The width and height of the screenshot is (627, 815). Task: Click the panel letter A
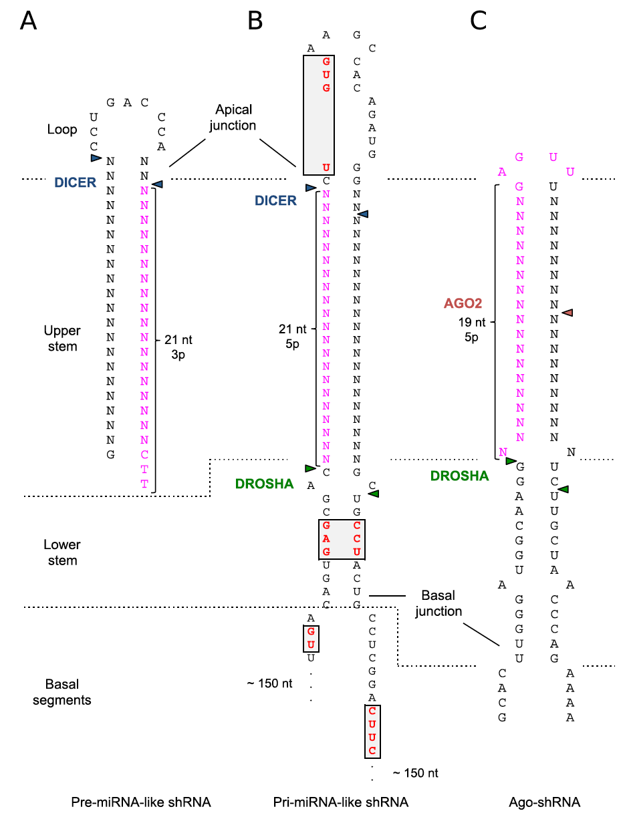tap(29, 21)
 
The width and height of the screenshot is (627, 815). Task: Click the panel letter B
tap(255, 21)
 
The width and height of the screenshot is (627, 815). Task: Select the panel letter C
tap(478, 21)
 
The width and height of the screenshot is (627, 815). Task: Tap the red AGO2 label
tap(463, 303)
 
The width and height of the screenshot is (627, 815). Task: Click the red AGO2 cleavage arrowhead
tap(567, 313)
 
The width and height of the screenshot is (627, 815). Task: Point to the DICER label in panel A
tap(75, 182)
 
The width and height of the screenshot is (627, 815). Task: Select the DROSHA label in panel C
tap(459, 476)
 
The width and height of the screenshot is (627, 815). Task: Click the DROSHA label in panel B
tap(264, 484)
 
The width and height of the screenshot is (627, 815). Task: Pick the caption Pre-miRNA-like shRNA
tap(141, 802)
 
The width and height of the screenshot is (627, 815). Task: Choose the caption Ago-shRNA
tap(545, 802)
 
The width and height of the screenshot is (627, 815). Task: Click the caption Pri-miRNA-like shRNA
tap(340, 802)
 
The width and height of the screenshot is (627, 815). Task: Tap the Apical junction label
tap(233, 118)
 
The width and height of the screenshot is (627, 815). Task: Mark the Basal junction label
tap(438, 603)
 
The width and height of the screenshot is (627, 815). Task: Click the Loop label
tap(62, 130)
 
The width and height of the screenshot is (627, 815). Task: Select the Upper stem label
tap(62, 338)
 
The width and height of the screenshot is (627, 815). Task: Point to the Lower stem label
tap(62, 552)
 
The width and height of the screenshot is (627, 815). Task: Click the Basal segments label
tap(62, 692)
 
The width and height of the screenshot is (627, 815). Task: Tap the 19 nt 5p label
tap(472, 330)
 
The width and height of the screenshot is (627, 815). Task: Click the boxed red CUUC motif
tap(372, 731)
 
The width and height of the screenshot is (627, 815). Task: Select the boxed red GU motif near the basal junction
tap(311, 639)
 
